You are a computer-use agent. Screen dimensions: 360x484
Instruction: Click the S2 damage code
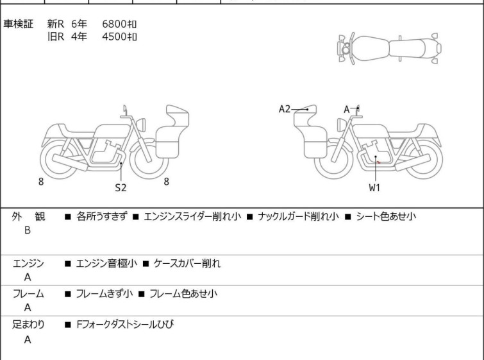click(x=121, y=188)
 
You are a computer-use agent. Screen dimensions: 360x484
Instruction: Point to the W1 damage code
click(x=374, y=188)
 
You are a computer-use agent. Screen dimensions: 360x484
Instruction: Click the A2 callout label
click(x=285, y=109)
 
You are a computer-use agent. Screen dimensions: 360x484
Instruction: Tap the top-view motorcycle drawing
click(x=390, y=47)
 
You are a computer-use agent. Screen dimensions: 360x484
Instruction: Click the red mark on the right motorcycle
click(x=378, y=162)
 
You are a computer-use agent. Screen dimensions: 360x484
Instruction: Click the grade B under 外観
click(x=28, y=230)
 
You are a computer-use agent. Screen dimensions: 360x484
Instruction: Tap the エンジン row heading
click(x=28, y=263)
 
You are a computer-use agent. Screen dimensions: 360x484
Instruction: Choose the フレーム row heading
click(x=28, y=294)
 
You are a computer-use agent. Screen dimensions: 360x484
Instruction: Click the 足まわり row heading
click(x=28, y=325)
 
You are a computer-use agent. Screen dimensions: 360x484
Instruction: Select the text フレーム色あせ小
click(x=183, y=294)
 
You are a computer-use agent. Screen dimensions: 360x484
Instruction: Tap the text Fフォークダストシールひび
click(x=124, y=325)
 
